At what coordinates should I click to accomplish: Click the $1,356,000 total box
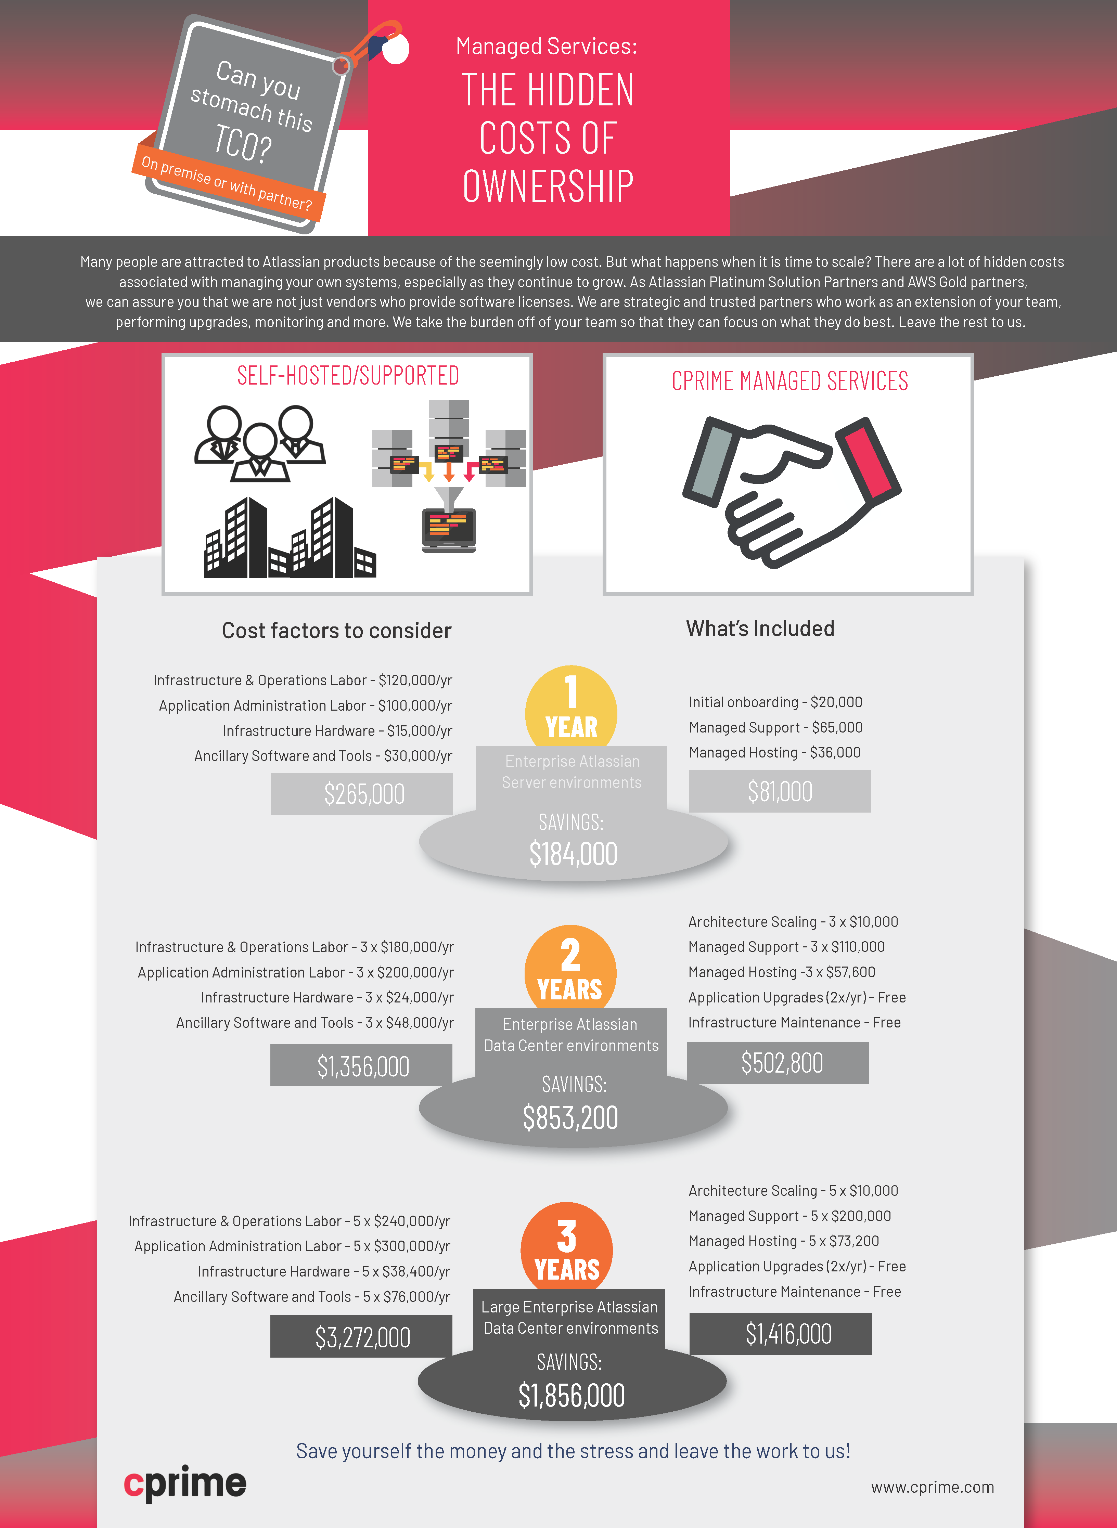click(x=362, y=1065)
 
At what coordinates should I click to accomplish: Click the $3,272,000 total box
click(x=362, y=1336)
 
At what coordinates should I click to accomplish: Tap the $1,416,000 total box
click(x=781, y=1333)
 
